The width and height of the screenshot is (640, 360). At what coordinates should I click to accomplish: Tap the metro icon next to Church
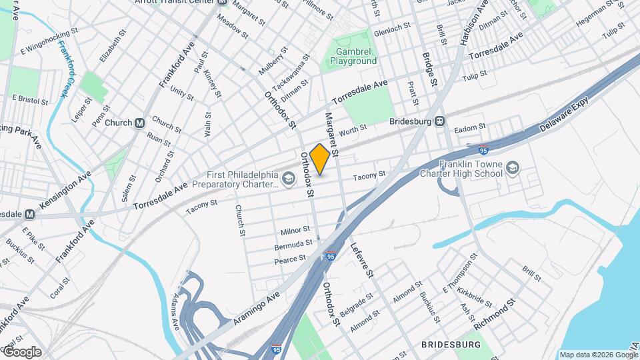140,123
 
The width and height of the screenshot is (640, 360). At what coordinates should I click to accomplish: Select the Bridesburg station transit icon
439,121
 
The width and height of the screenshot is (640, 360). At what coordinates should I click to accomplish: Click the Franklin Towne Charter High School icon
513,166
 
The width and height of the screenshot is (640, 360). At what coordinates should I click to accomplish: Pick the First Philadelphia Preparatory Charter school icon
288,177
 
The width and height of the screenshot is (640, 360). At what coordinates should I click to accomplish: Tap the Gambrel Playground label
353,56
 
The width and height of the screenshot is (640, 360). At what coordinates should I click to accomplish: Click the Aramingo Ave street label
255,310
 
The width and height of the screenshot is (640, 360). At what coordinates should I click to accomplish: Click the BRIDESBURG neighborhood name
451,344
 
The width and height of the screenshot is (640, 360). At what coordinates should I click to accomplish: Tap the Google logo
21,351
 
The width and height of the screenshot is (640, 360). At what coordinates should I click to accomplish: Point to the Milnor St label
295,231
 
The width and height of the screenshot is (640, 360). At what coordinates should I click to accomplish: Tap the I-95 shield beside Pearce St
331,255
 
